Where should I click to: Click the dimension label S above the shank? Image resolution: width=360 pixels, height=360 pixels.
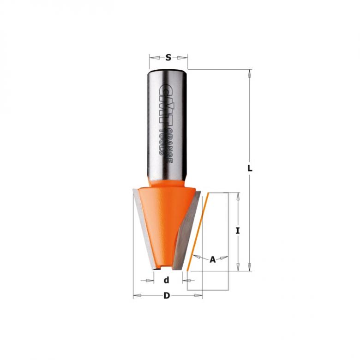click(168, 58)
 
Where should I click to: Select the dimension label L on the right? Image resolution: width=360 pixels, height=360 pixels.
click(250, 169)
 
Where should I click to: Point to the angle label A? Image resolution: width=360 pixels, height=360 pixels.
click(213, 259)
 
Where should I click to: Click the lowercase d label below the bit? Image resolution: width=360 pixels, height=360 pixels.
click(167, 280)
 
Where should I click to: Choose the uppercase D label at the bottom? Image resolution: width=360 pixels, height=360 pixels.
click(167, 296)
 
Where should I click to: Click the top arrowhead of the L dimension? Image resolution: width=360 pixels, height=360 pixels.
click(250, 73)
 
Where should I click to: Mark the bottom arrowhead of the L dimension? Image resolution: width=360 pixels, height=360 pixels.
click(250, 267)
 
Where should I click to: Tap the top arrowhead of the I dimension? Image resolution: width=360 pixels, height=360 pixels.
click(238, 196)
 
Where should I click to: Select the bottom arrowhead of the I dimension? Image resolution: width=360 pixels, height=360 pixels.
click(238, 267)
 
